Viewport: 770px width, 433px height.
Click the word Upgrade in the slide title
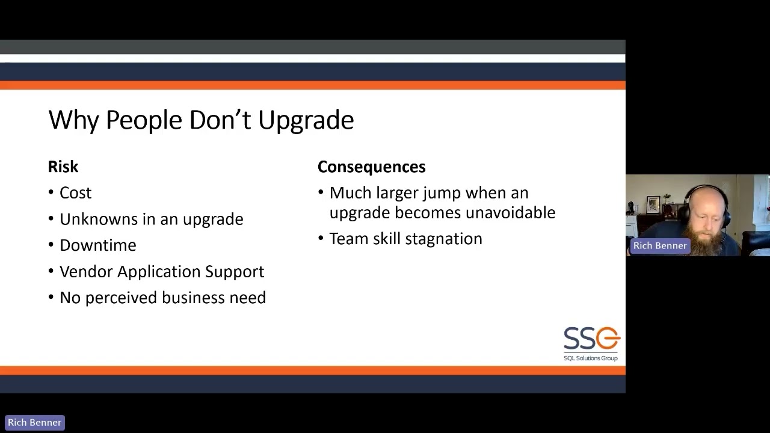[x=306, y=120]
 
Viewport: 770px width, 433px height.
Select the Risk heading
[x=63, y=167]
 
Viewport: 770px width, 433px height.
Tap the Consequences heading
[x=371, y=167]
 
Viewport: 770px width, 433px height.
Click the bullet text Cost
[x=75, y=193]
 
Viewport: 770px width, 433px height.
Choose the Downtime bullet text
[x=97, y=245]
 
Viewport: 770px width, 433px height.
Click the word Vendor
[x=86, y=272]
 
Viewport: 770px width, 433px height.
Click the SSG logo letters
[x=591, y=339]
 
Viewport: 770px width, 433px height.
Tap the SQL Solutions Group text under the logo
[x=590, y=358]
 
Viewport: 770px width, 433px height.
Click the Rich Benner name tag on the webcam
[x=659, y=245]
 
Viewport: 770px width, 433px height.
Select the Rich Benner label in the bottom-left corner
[x=34, y=422]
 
